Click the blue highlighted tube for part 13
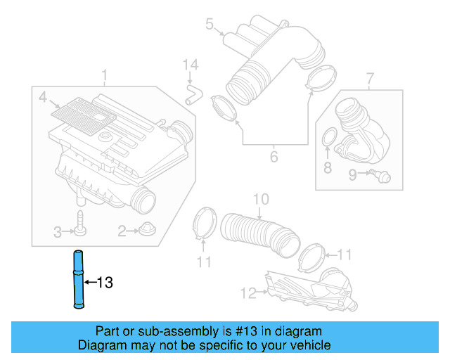pyautogui.click(x=77, y=279)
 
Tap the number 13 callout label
pyautogui.click(x=104, y=283)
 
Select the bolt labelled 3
pyautogui.click(x=81, y=224)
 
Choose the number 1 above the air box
pyautogui.click(x=104, y=75)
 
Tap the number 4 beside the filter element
pyautogui.click(x=43, y=96)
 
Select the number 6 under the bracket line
pyautogui.click(x=274, y=156)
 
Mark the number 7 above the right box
pyautogui.click(x=370, y=76)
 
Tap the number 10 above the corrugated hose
pyautogui.click(x=261, y=200)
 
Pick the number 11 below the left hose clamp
pyautogui.click(x=204, y=262)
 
